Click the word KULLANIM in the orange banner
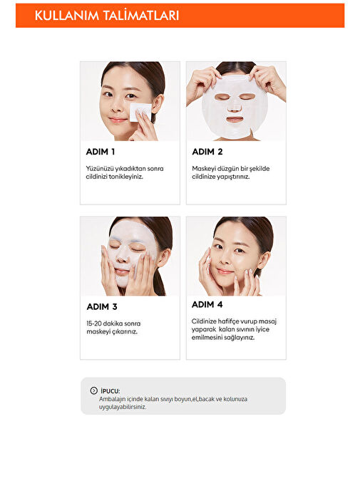coord(66,16)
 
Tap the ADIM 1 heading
coord(101,152)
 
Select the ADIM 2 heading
coord(207,152)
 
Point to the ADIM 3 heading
coord(102,306)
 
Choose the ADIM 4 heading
coord(207,304)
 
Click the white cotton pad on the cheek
coord(140,111)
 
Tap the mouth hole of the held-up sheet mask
coord(235,120)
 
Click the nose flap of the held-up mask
coord(234,106)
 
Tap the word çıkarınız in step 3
coord(125,332)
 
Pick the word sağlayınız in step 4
coord(239,338)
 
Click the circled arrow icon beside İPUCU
coord(93,390)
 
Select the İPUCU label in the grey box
coord(110,391)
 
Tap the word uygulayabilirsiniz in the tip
coord(123,407)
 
